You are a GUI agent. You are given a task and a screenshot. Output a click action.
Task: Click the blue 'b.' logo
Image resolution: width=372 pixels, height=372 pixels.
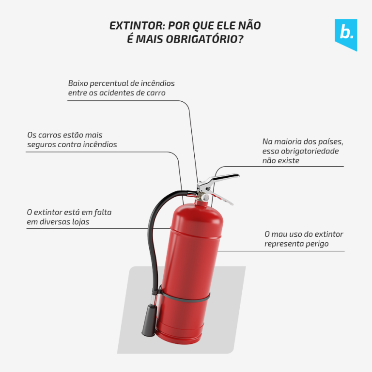point(346,35)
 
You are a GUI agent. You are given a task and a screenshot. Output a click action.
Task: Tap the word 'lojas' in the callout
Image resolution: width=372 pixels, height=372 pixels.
point(81,222)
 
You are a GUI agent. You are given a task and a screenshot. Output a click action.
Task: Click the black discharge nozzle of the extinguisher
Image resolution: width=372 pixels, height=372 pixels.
point(149,321)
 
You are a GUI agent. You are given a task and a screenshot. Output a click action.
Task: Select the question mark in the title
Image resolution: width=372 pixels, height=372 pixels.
point(241,39)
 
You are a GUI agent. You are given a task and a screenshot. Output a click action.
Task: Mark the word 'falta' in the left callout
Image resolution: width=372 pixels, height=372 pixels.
point(103,212)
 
